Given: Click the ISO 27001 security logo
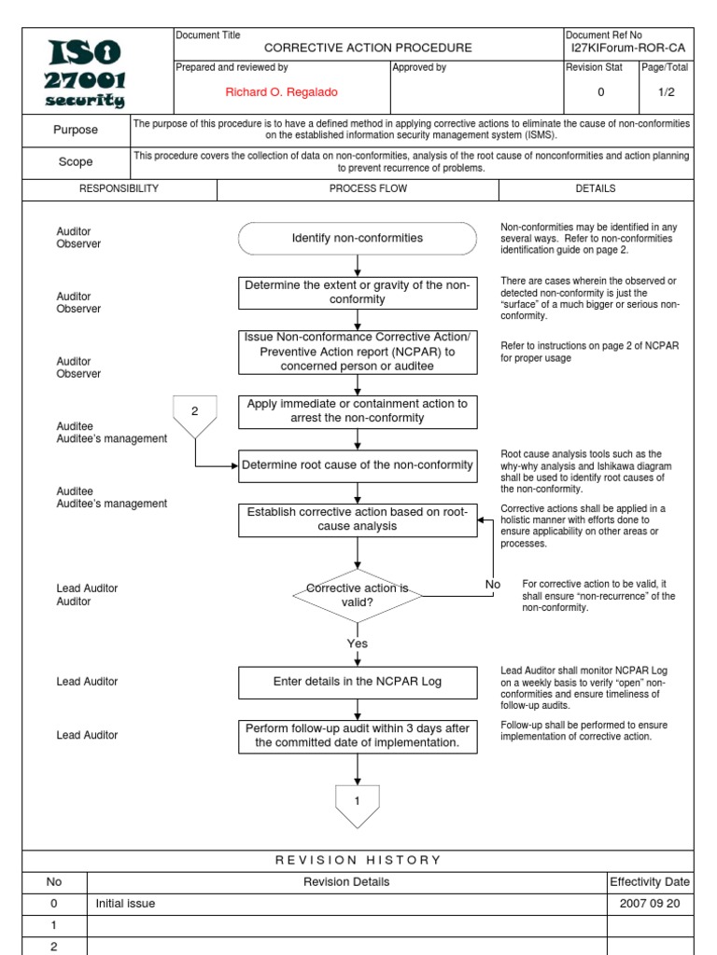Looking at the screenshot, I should tap(76, 72).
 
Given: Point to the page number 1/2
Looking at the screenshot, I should tap(665, 91).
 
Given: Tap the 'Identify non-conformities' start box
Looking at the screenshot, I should tap(358, 238).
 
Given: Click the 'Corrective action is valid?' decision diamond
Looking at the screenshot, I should tap(358, 595).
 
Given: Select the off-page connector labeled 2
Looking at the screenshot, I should tap(195, 415).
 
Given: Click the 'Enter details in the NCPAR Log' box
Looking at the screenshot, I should tap(358, 682).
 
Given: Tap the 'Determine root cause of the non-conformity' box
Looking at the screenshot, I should tap(358, 465).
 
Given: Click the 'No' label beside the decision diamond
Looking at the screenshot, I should tap(493, 585).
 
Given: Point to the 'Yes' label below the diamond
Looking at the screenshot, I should tap(358, 644).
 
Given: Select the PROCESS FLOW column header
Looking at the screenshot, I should tap(358, 188).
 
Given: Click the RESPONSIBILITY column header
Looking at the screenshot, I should tap(119, 188).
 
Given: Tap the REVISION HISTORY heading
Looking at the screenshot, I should tap(358, 860).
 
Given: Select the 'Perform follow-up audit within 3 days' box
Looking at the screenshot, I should tap(358, 735).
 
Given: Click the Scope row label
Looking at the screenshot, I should tap(76, 161).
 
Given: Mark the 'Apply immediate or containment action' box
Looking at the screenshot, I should tap(358, 410).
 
